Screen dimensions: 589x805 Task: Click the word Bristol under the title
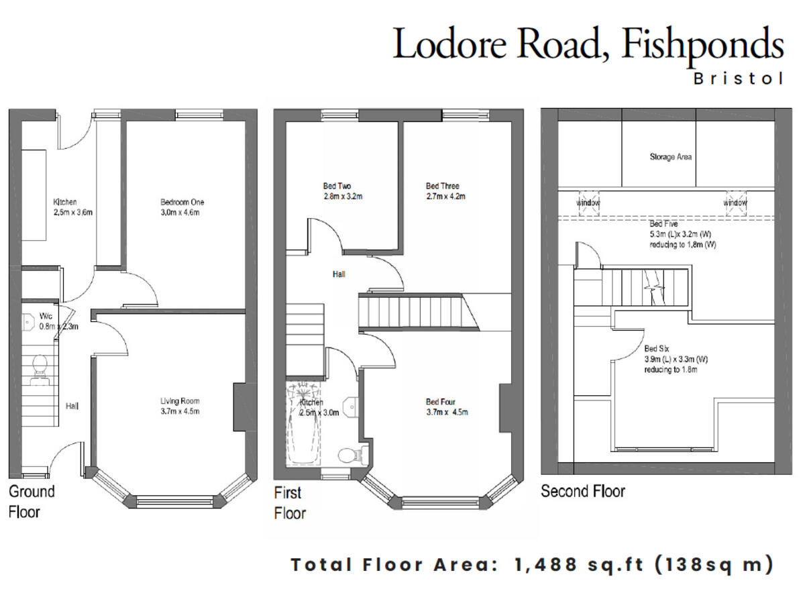(x=738, y=78)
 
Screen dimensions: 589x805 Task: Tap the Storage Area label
(x=670, y=157)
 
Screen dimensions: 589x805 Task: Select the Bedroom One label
(x=182, y=202)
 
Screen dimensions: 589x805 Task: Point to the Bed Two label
(x=337, y=186)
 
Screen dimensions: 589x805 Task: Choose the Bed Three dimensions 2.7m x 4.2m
(x=445, y=197)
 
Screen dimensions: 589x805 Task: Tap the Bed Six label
(x=655, y=349)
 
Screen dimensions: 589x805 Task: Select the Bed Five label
(x=663, y=224)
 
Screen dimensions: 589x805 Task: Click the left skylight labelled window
(x=588, y=203)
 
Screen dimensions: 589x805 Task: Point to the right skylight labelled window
(x=735, y=203)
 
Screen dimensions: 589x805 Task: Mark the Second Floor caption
(x=583, y=491)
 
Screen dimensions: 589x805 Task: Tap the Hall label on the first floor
(x=339, y=274)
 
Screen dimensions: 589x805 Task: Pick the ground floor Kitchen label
(x=65, y=202)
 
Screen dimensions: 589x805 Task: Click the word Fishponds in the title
(x=703, y=45)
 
